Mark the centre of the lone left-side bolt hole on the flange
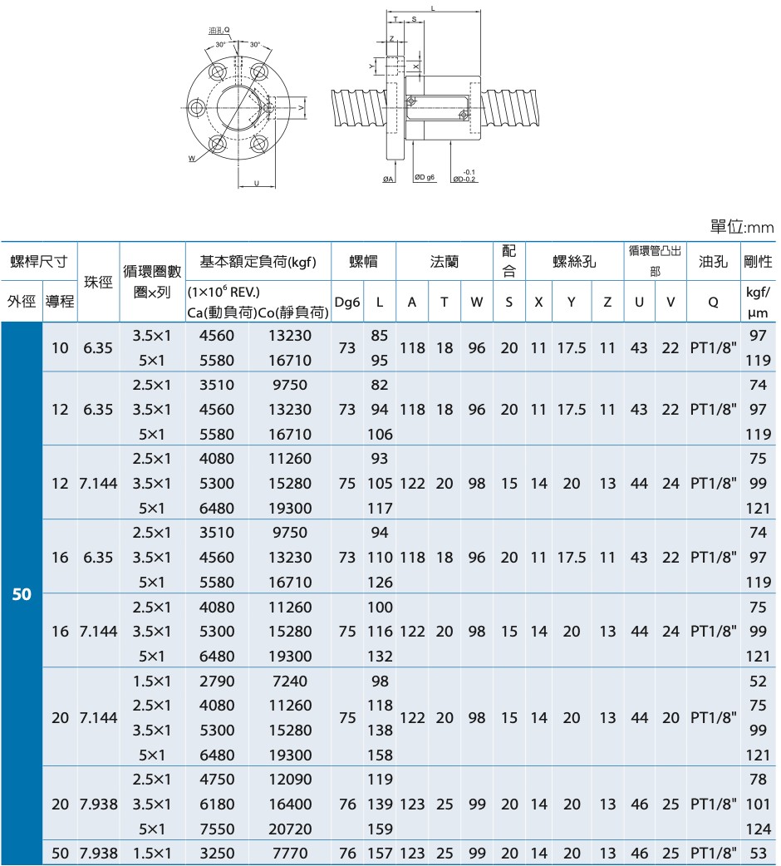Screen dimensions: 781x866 click(196, 108)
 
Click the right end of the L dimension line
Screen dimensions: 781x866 click(480, 11)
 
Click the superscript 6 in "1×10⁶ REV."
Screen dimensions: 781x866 click(225, 288)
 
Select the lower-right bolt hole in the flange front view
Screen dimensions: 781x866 click(258, 144)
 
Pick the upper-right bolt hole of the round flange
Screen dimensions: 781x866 click(258, 72)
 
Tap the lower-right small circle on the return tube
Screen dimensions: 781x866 click(463, 115)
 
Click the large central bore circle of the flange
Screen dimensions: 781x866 click(238, 108)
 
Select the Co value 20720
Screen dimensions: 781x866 click(290, 829)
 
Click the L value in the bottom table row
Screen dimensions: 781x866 click(380, 854)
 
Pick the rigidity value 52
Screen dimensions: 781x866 click(758, 681)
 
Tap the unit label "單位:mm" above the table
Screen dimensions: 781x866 click(742, 226)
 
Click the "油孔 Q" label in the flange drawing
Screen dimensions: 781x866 click(219, 31)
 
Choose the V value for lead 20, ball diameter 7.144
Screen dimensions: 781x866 click(670, 717)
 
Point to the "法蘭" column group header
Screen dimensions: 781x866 click(445, 261)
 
